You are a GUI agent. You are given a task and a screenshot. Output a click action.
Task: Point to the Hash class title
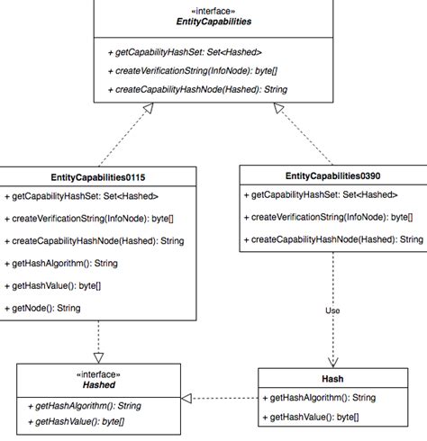pos(332,379)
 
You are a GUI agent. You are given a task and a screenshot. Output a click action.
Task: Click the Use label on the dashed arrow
pos(333,311)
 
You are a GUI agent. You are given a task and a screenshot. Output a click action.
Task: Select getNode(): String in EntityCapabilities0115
pos(47,308)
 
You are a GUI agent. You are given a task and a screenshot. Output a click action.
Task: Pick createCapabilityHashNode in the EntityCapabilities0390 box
pos(332,239)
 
